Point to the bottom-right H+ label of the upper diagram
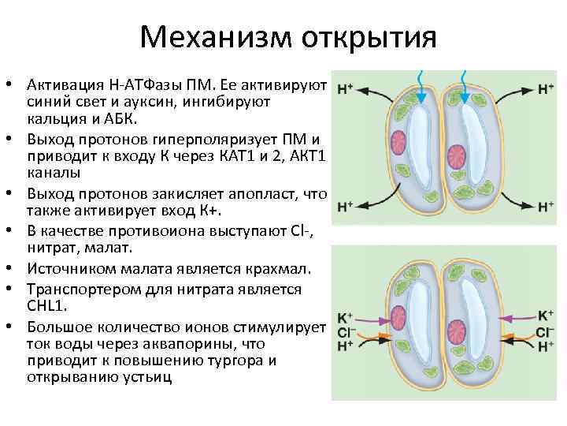[546, 207]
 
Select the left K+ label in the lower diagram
[345, 318]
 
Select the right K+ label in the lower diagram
[546, 316]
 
